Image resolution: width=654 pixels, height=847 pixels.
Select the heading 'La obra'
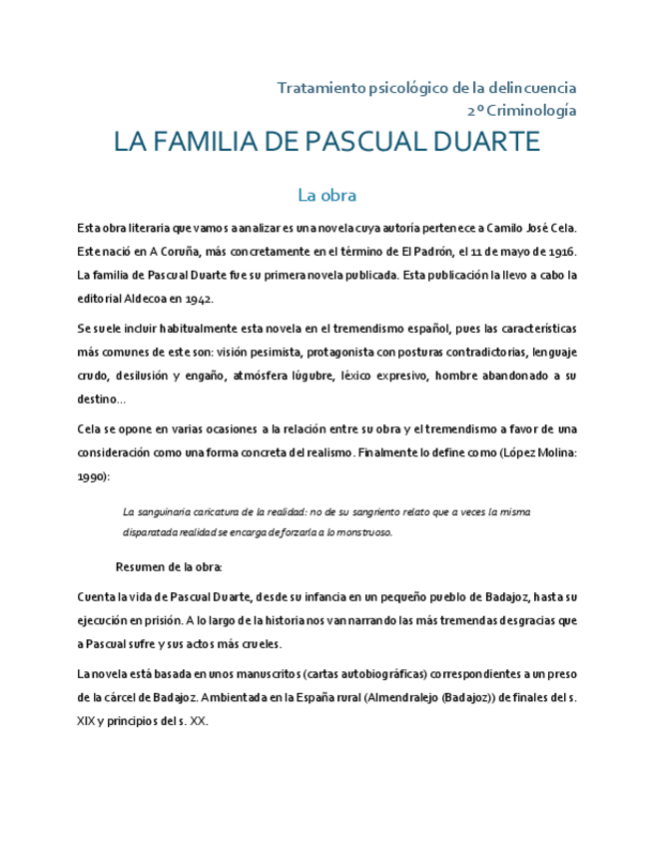point(327,194)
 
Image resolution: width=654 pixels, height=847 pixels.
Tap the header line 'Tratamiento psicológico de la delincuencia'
point(426,89)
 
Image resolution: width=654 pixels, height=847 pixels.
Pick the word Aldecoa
point(146,299)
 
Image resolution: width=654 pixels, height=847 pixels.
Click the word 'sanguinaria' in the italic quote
point(168,511)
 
